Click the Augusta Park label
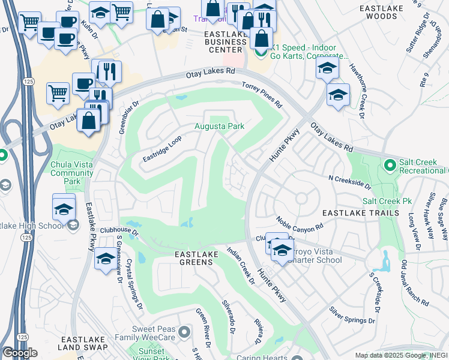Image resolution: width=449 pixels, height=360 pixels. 218,127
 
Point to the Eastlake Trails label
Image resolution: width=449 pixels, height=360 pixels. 360,213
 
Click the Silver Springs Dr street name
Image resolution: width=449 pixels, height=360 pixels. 352,316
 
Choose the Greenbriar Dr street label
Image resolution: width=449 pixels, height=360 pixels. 127,110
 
